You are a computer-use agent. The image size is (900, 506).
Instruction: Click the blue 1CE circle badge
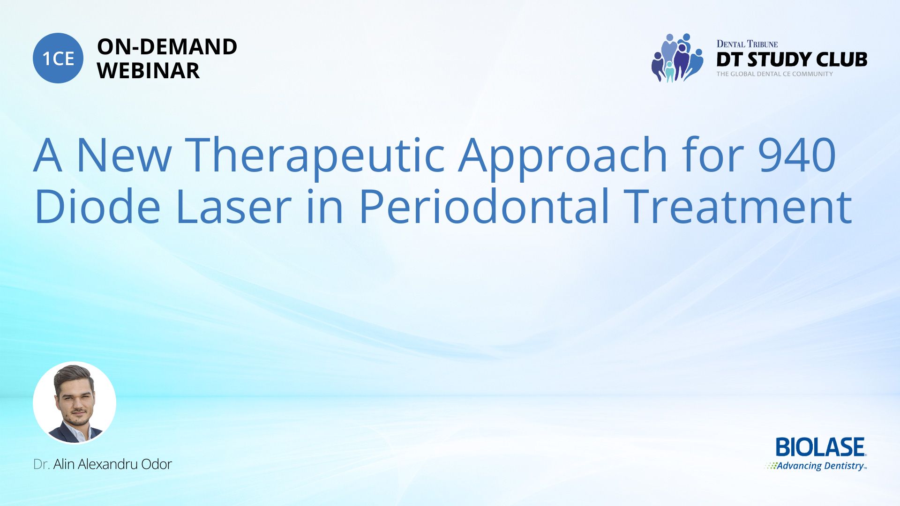(58, 58)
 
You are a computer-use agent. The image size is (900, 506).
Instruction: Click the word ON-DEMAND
(167, 47)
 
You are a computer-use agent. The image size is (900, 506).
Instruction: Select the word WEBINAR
(149, 71)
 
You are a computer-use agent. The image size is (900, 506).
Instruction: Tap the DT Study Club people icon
(677, 58)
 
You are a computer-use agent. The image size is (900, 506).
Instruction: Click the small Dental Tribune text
(747, 44)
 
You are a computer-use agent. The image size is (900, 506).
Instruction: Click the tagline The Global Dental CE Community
(774, 74)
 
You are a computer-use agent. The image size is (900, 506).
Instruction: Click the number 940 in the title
(797, 155)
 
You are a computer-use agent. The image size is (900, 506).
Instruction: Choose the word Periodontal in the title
(484, 206)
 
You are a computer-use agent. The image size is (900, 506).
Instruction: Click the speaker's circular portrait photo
(75, 403)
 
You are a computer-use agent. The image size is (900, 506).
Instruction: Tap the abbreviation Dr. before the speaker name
(41, 464)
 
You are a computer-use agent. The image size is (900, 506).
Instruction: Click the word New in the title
(124, 155)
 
